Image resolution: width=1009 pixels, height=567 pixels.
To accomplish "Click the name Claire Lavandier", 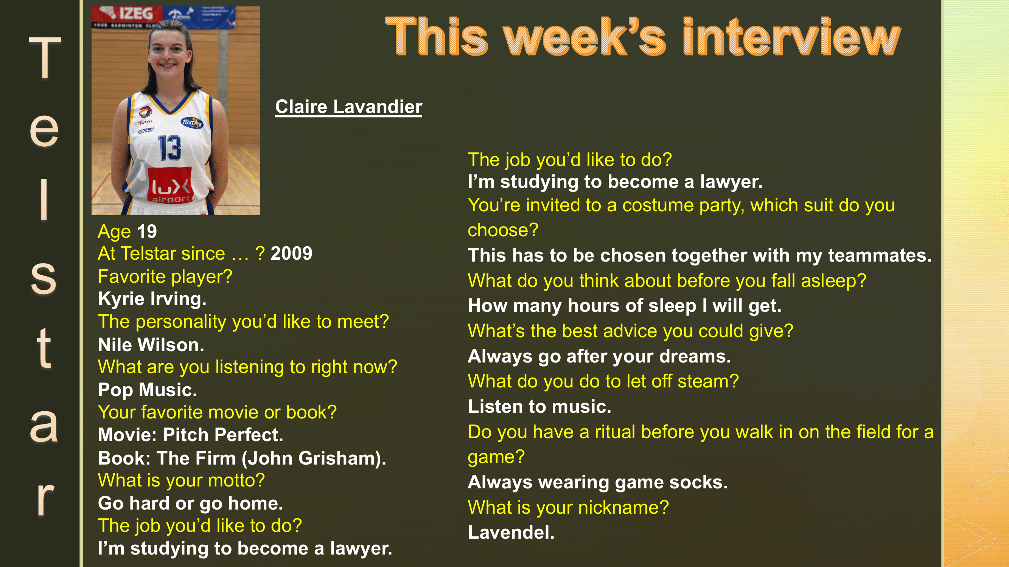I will coord(348,107).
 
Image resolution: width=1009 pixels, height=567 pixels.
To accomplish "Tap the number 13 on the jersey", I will coord(170,148).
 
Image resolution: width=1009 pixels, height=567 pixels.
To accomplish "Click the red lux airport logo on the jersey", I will coord(170,186).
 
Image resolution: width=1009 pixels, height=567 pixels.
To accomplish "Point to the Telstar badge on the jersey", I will coord(191,123).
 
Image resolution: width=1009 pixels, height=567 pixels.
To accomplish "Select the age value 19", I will coord(147,232).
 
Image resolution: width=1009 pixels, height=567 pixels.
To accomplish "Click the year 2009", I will coord(291,254).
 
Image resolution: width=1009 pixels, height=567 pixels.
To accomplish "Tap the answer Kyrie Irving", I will coord(152,299).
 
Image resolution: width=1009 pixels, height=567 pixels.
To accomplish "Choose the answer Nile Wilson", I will coord(151,345).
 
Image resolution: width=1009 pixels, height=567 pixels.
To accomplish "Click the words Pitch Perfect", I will coord(222,435).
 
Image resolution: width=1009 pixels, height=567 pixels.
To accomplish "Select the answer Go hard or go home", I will coord(190,503).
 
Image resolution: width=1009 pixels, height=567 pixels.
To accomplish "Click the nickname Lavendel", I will coord(511,533).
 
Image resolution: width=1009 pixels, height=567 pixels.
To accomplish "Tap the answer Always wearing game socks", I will coord(597,482).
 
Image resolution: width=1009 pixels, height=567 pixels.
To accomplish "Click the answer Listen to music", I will coord(539,407).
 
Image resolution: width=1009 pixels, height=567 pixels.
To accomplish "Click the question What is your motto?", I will coord(181,480).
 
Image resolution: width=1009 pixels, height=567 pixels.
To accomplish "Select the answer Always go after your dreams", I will coord(599,356).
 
